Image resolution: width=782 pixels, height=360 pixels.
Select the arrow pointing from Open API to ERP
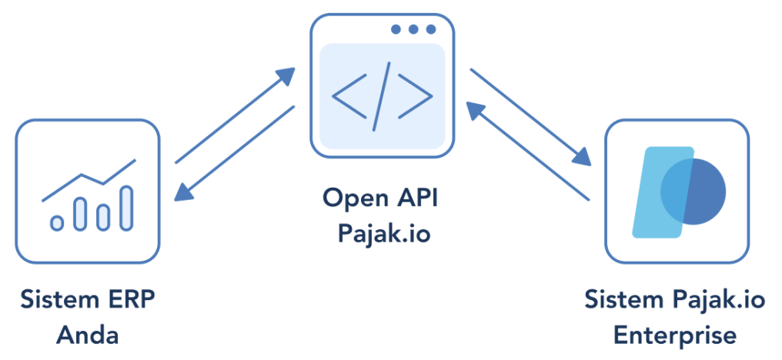point(235,154)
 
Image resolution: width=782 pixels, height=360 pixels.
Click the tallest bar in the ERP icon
point(126,208)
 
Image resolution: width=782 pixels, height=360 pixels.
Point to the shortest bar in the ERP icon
point(56,223)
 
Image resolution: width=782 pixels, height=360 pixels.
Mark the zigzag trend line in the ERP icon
point(89,180)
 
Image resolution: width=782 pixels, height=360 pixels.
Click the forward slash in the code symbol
point(382,95)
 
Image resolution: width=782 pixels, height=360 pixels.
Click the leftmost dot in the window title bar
point(396,29)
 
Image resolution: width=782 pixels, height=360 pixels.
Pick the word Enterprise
point(674,335)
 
